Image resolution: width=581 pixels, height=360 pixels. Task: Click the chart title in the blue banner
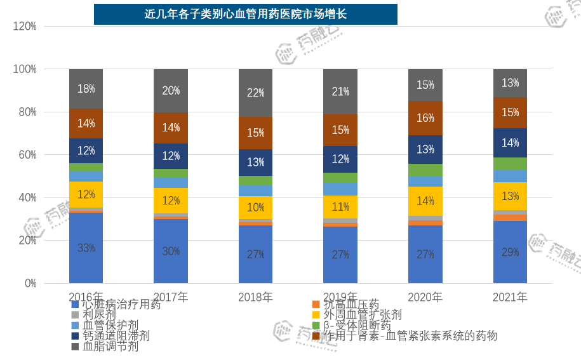[x=245, y=14]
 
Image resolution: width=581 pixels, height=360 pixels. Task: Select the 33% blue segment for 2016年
[x=86, y=248]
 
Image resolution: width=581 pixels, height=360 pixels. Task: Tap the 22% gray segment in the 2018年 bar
[x=255, y=93]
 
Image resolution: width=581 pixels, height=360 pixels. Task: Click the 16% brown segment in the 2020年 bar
[x=425, y=118]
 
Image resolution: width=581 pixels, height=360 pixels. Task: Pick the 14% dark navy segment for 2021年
[x=510, y=143]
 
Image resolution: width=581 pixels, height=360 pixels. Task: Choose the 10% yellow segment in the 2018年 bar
[x=255, y=207]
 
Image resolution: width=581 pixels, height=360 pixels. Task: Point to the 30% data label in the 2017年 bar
[x=171, y=251]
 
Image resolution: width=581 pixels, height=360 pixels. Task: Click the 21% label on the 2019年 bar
[x=340, y=91]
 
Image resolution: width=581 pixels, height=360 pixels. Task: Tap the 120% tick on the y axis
[x=25, y=26]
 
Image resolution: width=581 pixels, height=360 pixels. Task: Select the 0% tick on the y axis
[x=30, y=283]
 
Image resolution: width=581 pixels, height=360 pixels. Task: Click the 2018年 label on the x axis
[x=255, y=297]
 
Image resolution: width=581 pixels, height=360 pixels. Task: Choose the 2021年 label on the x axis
[x=510, y=297]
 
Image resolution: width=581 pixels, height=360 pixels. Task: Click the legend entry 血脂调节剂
[x=110, y=347]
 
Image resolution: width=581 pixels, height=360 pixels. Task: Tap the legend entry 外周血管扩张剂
[x=363, y=315]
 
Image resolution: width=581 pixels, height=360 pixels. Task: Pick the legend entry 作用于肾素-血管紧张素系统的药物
[x=410, y=336]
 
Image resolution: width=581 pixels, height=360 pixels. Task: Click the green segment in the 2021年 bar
[x=510, y=163]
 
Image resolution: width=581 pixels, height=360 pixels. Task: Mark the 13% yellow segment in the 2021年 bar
[x=510, y=196]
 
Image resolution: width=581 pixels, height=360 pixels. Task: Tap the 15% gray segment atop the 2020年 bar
[x=425, y=84]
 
